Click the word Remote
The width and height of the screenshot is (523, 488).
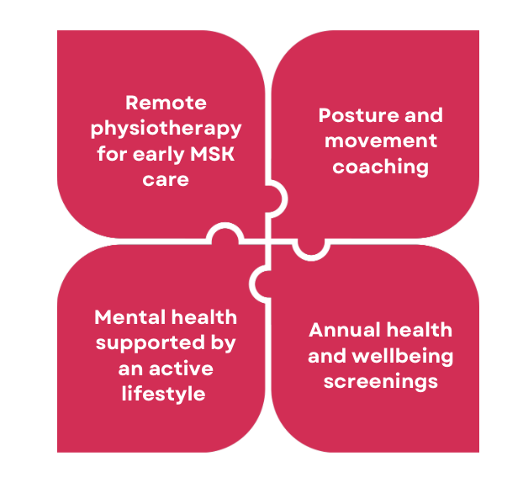pos(166,103)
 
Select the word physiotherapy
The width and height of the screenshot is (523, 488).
pos(166,130)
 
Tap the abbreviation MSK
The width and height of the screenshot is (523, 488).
pos(212,154)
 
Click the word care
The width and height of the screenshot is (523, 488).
pos(166,180)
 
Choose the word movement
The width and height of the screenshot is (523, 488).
pos(381,141)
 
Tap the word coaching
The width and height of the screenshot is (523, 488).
pos(381,167)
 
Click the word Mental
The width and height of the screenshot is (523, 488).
pos(130,317)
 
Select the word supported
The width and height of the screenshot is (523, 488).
pos(151,344)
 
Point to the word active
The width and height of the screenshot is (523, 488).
pos(181,369)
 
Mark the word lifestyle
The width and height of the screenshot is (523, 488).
pos(163,395)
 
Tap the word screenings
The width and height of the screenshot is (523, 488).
pos(381,382)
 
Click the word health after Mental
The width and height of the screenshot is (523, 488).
pos(204,317)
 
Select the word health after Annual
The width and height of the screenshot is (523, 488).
pos(420,330)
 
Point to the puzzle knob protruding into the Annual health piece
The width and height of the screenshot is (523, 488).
pos(311,249)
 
